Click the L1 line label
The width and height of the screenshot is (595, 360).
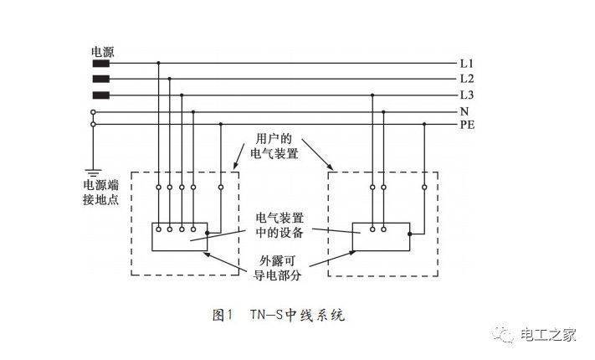click(467, 64)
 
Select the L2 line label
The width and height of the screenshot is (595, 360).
click(467, 80)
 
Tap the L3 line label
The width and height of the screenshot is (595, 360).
click(467, 95)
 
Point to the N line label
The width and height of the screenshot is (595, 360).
click(464, 111)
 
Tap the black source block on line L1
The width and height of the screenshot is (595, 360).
click(101, 64)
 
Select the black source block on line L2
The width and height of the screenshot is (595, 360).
click(101, 80)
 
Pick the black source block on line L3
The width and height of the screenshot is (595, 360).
click(101, 95)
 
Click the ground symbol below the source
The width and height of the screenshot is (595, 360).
click(94, 172)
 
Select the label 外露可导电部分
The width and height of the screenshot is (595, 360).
click(276, 265)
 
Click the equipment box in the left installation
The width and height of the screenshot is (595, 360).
click(179, 237)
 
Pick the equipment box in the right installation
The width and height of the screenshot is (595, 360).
click(380, 237)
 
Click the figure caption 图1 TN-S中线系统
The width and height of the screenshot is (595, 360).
click(279, 316)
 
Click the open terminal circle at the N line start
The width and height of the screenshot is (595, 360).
click(94, 111)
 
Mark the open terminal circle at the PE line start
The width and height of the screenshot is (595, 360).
click(94, 125)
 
